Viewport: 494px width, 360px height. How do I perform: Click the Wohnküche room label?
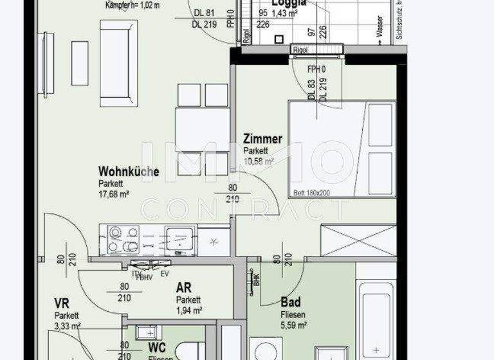tap(129, 172)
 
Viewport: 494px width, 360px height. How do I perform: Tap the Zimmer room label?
tap(262, 139)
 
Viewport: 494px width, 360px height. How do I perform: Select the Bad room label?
tap(291, 301)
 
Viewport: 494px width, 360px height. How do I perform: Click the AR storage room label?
tap(184, 288)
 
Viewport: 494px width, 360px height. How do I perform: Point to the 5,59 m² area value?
tap(293, 325)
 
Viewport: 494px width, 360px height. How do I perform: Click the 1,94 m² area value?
tap(189, 310)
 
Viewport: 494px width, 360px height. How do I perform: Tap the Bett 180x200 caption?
tap(311, 192)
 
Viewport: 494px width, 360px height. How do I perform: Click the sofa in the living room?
tap(118, 63)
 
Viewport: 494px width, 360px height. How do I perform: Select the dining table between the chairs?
tap(203, 129)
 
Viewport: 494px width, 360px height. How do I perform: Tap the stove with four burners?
tap(123, 239)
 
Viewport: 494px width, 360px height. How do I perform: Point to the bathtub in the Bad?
tap(376, 321)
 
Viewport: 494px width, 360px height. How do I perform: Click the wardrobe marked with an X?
tap(358, 240)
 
